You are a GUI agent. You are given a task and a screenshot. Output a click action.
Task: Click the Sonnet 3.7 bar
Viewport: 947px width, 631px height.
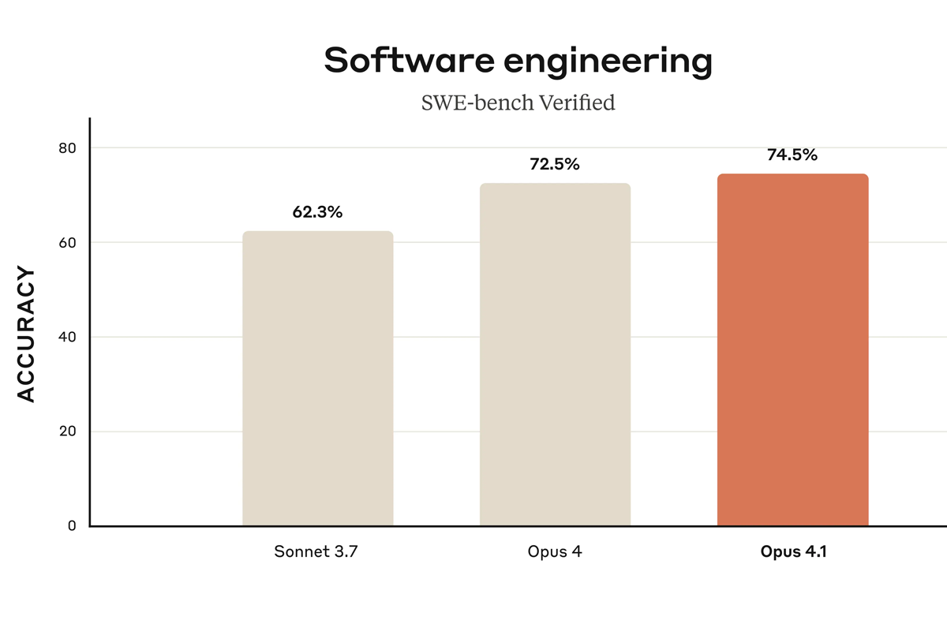pos(317,379)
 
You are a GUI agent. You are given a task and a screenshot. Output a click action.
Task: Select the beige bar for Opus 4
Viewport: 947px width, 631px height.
pos(555,355)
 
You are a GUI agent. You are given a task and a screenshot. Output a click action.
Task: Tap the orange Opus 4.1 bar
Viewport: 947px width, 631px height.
pos(792,350)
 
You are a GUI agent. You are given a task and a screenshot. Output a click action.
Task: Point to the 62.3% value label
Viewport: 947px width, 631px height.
pos(317,212)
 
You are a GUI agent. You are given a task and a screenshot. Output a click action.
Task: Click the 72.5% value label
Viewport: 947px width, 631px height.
pos(555,165)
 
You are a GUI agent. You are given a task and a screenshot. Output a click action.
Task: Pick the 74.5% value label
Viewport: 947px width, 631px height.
pos(792,155)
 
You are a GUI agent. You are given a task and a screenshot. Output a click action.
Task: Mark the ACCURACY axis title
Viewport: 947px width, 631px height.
pos(27,334)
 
